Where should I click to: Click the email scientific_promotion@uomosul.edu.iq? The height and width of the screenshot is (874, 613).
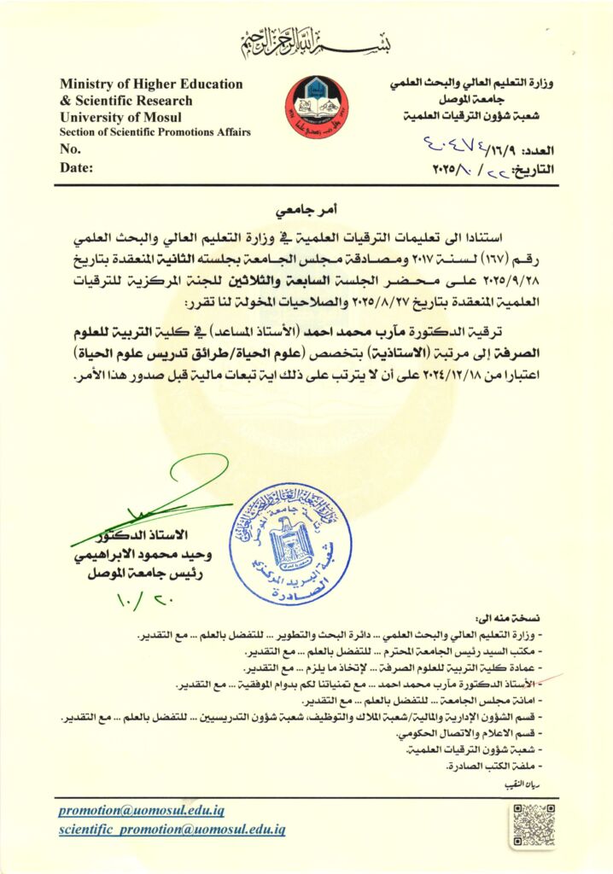click(x=172, y=829)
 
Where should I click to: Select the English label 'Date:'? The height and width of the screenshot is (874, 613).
click(x=77, y=167)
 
